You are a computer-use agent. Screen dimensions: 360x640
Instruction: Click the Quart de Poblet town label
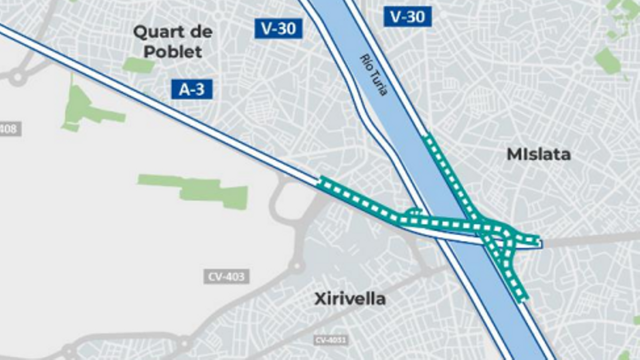click(173, 42)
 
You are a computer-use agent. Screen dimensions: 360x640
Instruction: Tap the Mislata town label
click(538, 154)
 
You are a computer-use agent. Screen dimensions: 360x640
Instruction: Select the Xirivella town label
click(350, 299)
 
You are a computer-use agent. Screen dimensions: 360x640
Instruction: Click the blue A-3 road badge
click(192, 89)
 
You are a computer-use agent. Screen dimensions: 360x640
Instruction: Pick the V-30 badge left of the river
click(278, 28)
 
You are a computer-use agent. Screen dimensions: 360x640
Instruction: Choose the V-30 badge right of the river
click(407, 17)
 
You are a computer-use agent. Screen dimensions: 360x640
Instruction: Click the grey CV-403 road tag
click(226, 276)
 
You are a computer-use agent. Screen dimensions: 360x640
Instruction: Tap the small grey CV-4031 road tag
click(331, 340)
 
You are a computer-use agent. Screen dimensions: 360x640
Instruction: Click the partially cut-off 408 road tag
click(9, 129)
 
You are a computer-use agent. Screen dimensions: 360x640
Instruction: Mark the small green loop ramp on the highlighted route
click(413, 212)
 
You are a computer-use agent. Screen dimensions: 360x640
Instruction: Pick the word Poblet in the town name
click(173, 52)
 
